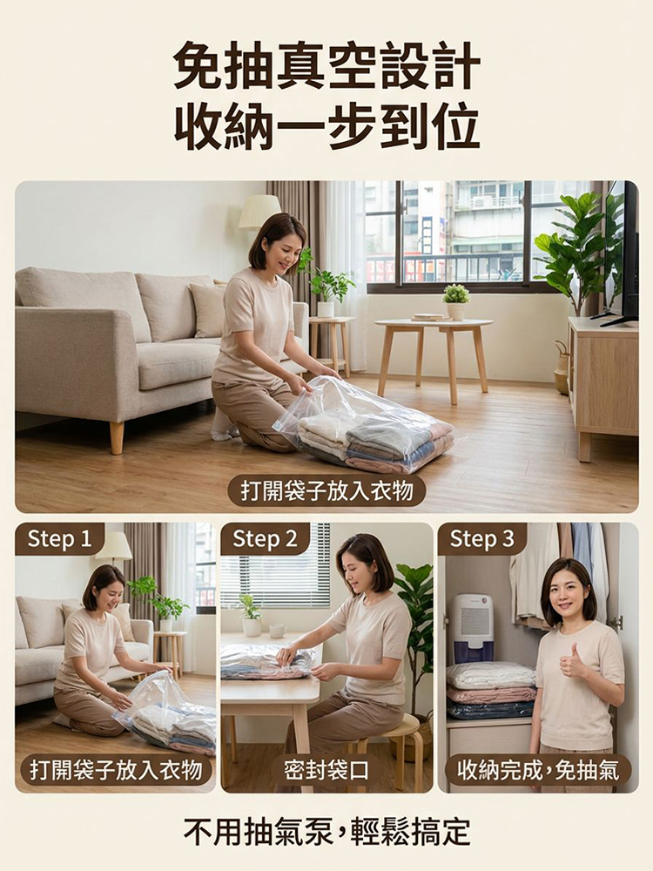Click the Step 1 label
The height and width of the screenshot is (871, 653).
coord(59,539)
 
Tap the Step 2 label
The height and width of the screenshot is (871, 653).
coord(265,539)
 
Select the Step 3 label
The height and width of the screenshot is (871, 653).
coord(482,539)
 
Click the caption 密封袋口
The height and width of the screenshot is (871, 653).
coord(326,770)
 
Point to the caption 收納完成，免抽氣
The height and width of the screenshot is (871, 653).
coord(537,770)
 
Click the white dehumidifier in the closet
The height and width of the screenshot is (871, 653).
coord(473,628)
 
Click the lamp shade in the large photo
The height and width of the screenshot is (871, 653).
coord(259,212)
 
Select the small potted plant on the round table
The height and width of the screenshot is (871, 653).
coord(456,300)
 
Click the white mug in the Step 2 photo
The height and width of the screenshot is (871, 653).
coord(277,631)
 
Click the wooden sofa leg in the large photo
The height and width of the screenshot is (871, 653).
coord(117,438)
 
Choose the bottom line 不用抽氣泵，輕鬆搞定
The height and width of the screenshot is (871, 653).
coord(326,832)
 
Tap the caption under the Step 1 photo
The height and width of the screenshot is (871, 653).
coord(116,770)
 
